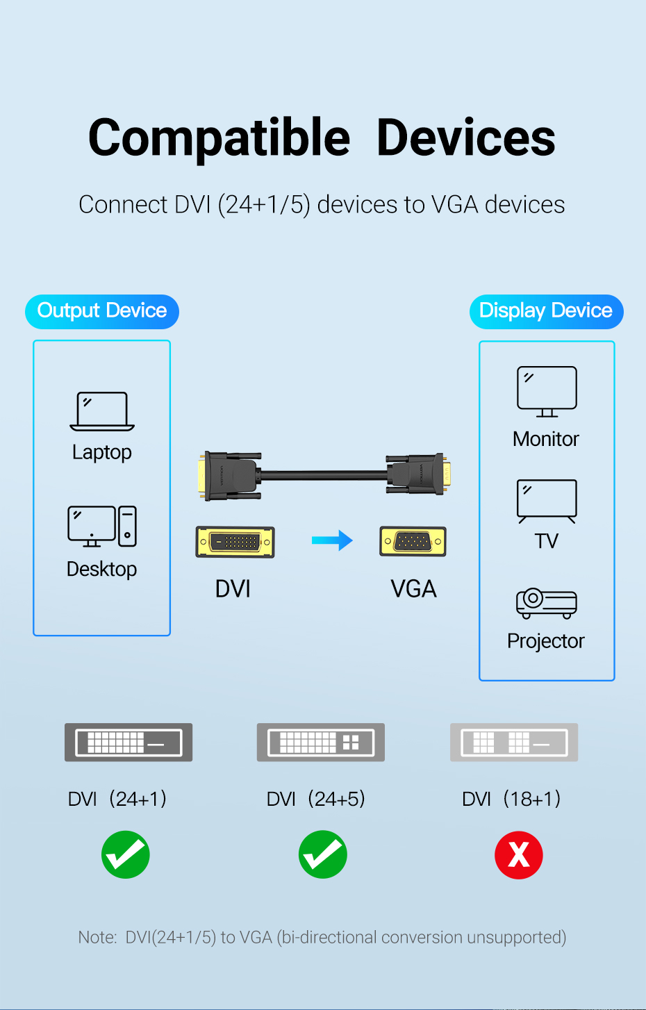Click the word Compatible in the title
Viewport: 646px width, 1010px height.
tap(219, 138)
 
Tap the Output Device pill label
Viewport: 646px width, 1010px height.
tap(102, 311)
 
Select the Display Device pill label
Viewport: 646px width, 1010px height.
tap(546, 311)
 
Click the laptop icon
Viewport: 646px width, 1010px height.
tap(102, 411)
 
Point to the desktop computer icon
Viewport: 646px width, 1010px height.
tap(102, 527)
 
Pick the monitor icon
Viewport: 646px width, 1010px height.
tap(547, 392)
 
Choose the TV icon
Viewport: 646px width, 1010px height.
tap(547, 501)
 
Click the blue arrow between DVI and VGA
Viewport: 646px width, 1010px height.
tap(332, 540)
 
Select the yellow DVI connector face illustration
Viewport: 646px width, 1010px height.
tap(235, 542)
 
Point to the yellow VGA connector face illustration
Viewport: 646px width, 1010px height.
tap(413, 541)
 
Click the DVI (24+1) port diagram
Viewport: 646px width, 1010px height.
tap(129, 743)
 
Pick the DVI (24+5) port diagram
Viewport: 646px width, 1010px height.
tap(321, 743)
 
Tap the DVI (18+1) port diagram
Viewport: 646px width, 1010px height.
tap(514, 743)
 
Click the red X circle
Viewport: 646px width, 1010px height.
tap(519, 855)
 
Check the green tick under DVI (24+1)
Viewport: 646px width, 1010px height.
tap(126, 854)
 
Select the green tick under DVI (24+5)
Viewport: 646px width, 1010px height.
tap(323, 854)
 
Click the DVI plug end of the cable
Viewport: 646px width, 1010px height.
tap(229, 476)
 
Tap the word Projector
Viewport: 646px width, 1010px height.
tap(546, 641)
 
